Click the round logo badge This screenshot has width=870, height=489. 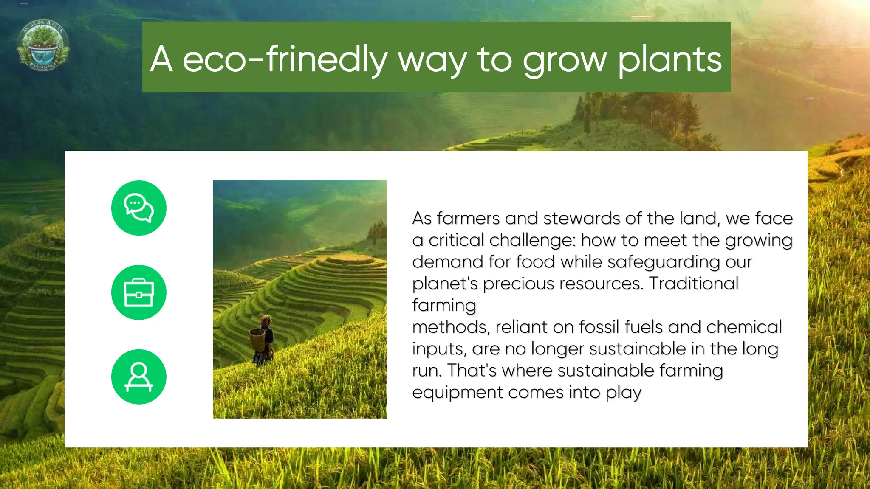(43, 45)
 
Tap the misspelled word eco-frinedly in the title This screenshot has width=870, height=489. (285, 59)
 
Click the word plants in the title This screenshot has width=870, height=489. (669, 59)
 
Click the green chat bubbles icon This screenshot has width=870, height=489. (138, 208)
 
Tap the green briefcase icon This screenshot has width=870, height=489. (138, 292)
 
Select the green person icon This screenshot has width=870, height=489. (138, 377)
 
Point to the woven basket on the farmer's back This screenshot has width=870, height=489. (257, 340)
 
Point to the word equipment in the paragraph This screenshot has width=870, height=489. (457, 393)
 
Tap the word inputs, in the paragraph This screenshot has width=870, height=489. (439, 349)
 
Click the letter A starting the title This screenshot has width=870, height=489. (161, 59)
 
